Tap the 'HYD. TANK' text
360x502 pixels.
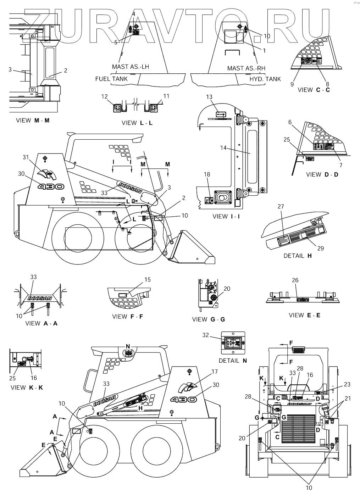point(265,79)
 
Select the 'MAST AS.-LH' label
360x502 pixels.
point(130,67)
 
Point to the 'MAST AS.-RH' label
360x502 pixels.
point(246,68)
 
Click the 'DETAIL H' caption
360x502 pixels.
point(298,255)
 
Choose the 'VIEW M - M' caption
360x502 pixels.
point(33,120)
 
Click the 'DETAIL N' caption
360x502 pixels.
point(233,361)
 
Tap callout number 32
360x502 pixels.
point(206,335)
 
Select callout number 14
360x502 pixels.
point(223,148)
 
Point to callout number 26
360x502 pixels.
point(295,280)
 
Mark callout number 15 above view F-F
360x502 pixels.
point(147,280)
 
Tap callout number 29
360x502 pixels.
point(321,248)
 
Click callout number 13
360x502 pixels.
point(209,97)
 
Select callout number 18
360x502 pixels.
point(207,174)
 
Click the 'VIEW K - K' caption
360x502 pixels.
point(27,387)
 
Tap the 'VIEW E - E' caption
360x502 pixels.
point(304,315)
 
